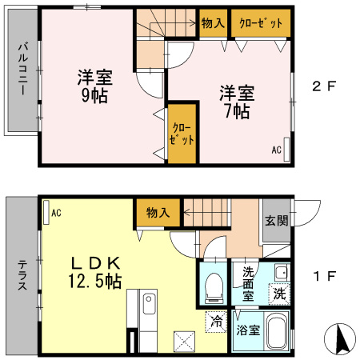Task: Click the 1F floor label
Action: pos(323,277)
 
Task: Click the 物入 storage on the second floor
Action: pos(212,23)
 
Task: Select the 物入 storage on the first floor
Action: pos(158,213)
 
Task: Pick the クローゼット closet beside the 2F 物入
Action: pos(260,23)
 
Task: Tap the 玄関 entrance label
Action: pos(277,220)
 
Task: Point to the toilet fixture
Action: pos(214,286)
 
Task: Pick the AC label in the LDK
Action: pos(56,213)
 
